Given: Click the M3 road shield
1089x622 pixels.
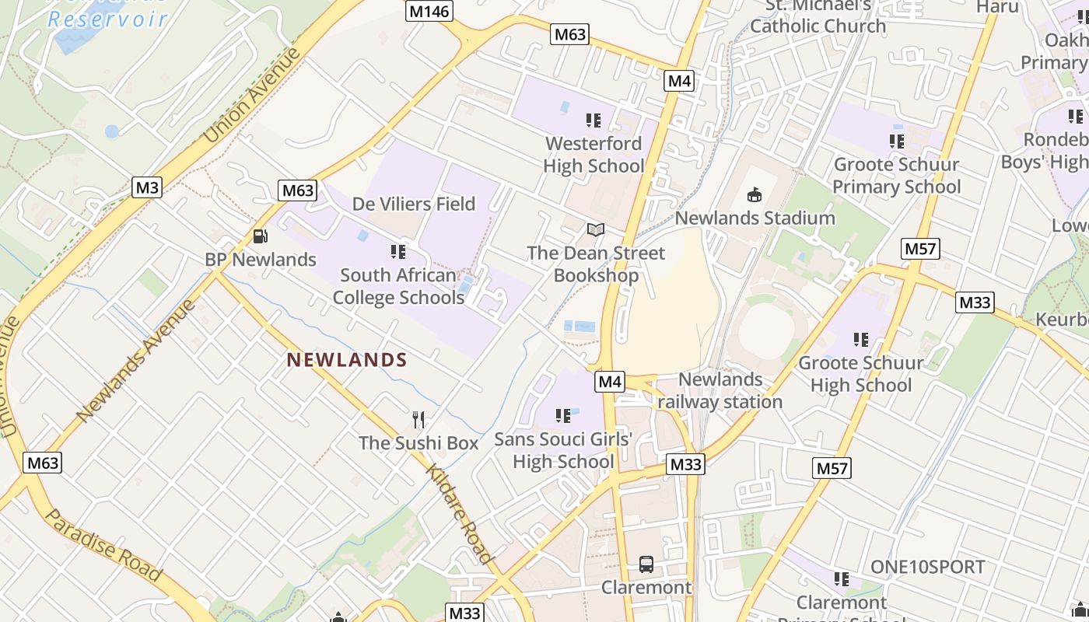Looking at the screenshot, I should [x=146, y=187].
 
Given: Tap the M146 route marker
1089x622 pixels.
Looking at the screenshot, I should [x=429, y=11].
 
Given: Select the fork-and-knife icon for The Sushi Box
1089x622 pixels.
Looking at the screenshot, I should [x=419, y=420].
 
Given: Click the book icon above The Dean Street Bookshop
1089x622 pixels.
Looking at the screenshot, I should [x=596, y=230].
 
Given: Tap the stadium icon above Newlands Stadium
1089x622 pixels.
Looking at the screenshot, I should [x=754, y=194].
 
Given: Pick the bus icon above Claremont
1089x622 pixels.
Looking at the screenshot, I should [x=646, y=564].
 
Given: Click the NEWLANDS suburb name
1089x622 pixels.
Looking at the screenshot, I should [x=347, y=360].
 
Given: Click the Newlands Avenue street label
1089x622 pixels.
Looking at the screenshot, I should [x=137, y=359].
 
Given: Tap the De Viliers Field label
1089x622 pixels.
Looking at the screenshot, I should [x=414, y=204].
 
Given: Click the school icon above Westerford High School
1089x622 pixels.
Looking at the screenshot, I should [x=594, y=121].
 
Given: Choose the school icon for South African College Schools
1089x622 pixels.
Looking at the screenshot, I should [x=398, y=252].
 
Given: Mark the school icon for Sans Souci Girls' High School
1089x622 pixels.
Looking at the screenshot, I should [x=563, y=416].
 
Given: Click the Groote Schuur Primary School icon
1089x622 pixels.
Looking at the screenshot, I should [x=896, y=142].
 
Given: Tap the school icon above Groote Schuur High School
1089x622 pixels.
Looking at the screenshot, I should [x=860, y=340].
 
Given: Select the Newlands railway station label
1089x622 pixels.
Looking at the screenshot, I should [x=720, y=390].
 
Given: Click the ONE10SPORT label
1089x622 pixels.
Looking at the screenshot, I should [x=928, y=568].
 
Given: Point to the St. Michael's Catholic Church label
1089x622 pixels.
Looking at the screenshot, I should [x=818, y=16].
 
